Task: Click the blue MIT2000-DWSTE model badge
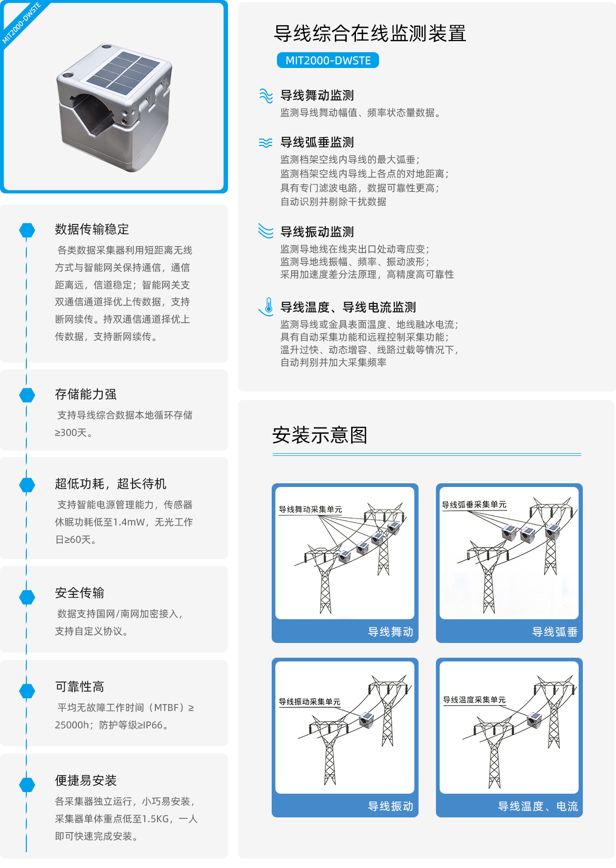(x=327, y=61)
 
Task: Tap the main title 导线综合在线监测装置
(x=370, y=33)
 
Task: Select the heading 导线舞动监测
(x=317, y=95)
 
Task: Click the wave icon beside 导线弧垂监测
(x=265, y=143)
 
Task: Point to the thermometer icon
(x=267, y=307)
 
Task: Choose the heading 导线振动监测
(x=317, y=232)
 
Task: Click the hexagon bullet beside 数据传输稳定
(x=27, y=230)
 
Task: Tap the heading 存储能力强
(x=86, y=394)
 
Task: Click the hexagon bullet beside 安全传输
(x=27, y=597)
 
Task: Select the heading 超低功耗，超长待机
(x=111, y=484)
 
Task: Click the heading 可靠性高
(x=80, y=687)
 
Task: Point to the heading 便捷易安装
(x=86, y=781)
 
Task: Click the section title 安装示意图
(x=320, y=435)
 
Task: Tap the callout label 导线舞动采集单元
(x=310, y=509)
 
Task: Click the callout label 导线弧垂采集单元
(x=474, y=504)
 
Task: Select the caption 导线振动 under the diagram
(x=390, y=806)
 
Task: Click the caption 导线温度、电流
(x=538, y=806)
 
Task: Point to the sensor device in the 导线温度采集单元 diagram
(x=535, y=720)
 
